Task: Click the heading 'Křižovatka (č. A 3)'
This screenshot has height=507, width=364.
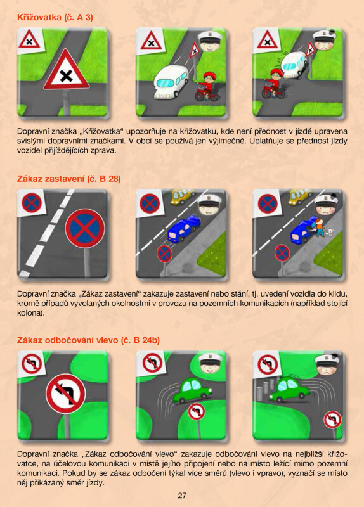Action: [x=55, y=18]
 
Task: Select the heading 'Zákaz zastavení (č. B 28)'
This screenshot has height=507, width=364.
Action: [x=68, y=179]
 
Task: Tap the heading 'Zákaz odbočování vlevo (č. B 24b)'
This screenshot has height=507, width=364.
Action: [x=88, y=340]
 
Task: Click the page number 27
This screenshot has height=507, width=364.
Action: [x=182, y=495]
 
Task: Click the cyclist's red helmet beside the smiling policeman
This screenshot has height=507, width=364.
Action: [x=210, y=75]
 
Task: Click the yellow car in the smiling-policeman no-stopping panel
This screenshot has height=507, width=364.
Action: [x=182, y=196]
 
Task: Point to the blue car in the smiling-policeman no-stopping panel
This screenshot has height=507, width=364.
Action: [x=184, y=229]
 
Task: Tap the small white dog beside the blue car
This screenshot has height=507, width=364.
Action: [x=329, y=233]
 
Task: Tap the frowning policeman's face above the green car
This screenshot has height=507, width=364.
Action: [x=327, y=366]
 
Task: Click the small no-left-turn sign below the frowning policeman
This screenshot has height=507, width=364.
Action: [x=332, y=420]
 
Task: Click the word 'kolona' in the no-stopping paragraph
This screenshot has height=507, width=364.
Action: [x=29, y=313]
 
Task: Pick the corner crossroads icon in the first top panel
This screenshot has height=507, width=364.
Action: [x=29, y=39]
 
